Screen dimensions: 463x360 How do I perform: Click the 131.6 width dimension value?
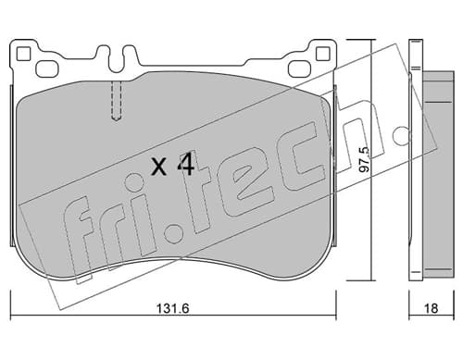click(x=172, y=308)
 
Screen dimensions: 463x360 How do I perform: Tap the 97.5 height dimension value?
click(x=364, y=159)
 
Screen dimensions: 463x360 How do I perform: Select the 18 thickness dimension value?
click(x=432, y=308)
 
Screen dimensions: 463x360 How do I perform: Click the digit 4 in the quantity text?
click(x=185, y=164)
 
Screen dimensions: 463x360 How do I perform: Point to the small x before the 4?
click(x=159, y=168)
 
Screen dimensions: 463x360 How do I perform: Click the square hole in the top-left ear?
click(x=23, y=54)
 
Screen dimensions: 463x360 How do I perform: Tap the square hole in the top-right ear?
click(x=323, y=54)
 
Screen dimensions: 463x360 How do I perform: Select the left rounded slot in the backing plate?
click(x=47, y=68)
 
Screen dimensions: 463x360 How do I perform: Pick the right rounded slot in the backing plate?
click(x=299, y=68)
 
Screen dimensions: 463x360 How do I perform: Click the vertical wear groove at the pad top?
click(x=117, y=101)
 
